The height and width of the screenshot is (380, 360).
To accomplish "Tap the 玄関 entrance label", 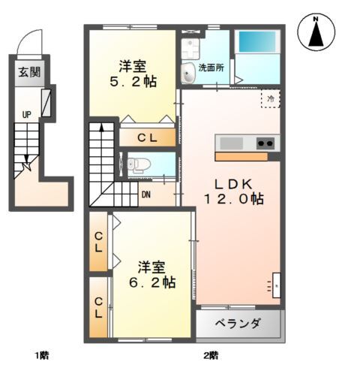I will pyautogui.click(x=26, y=74).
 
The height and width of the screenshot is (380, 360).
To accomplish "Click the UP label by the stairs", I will pyautogui.click(x=26, y=115).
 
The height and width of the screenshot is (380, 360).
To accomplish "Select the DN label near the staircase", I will pyautogui.click(x=146, y=193).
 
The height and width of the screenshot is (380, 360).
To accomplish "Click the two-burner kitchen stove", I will pyautogui.click(x=265, y=143).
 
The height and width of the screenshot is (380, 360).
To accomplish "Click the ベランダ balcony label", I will pyautogui.click(x=238, y=324).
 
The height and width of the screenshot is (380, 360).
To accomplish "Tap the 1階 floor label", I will pyautogui.click(x=42, y=354).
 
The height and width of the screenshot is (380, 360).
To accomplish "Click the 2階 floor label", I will pyautogui.click(x=210, y=354).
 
